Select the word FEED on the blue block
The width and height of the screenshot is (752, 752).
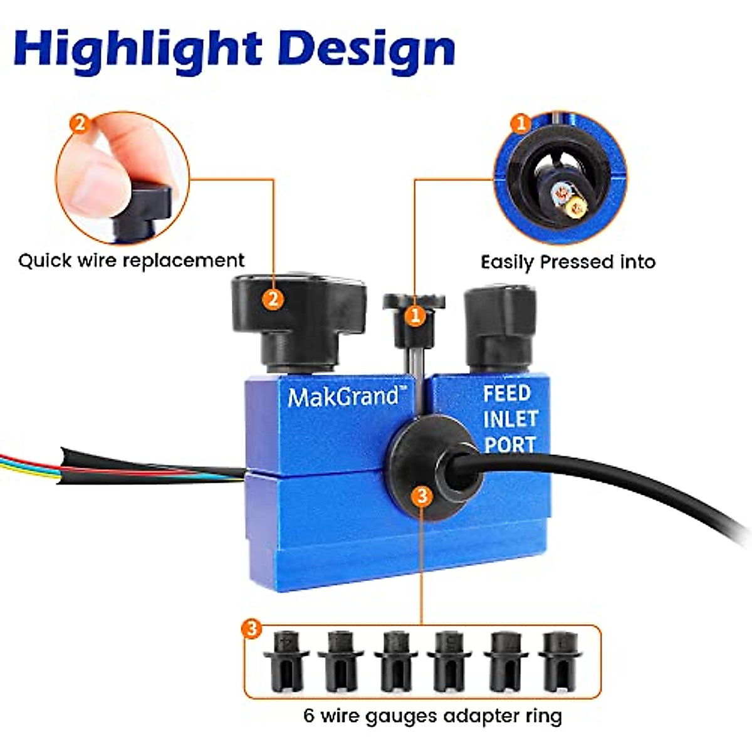(x=506, y=394)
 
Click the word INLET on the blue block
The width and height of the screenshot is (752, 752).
(x=510, y=419)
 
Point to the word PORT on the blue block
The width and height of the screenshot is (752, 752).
(x=509, y=444)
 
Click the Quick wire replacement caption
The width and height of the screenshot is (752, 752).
(x=131, y=260)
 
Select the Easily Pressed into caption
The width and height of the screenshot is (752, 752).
(x=568, y=261)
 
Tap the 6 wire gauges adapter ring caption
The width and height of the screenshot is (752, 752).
(x=432, y=716)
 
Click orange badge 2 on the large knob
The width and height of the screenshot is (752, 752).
(x=272, y=299)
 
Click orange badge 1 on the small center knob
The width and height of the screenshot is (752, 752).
(x=415, y=315)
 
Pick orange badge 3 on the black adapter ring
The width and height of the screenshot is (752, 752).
(x=422, y=496)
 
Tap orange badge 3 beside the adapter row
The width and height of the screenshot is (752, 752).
(x=252, y=628)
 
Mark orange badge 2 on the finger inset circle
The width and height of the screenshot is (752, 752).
(x=80, y=123)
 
